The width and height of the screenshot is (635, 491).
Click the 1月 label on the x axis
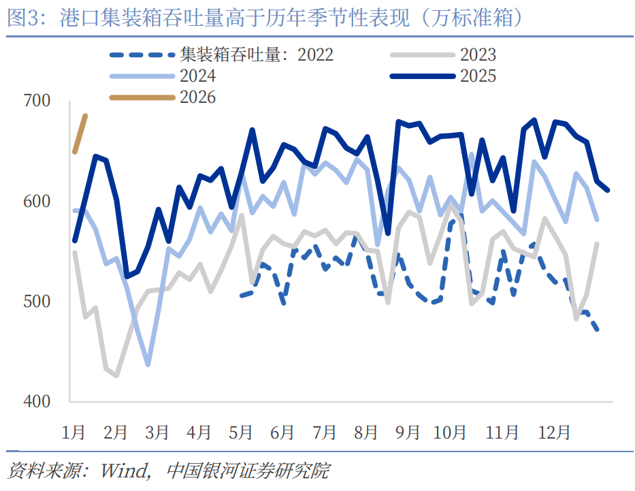point(74,432)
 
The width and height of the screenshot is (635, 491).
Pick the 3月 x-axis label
point(157,432)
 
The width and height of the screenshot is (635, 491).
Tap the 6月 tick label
point(282,432)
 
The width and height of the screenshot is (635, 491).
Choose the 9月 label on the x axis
point(408,432)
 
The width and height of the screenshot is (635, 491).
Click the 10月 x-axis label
point(450,432)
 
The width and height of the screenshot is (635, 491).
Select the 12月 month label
point(554,432)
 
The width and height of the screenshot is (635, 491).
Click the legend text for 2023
point(478,54)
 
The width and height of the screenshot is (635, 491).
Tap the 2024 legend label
point(198,76)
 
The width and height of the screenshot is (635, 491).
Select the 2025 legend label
point(478,76)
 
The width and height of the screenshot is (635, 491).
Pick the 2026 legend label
point(198,97)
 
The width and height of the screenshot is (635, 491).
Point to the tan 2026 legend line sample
point(142,97)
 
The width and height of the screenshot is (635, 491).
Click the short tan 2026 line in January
point(80,133)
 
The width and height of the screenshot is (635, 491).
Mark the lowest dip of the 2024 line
point(148,364)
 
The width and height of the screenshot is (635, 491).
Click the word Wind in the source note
point(125,471)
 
